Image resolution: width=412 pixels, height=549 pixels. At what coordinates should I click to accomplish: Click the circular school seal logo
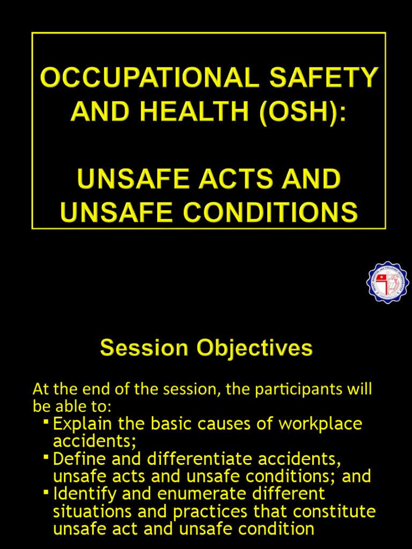click(387, 282)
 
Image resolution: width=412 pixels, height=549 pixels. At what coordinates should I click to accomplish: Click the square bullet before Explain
click(46, 423)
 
